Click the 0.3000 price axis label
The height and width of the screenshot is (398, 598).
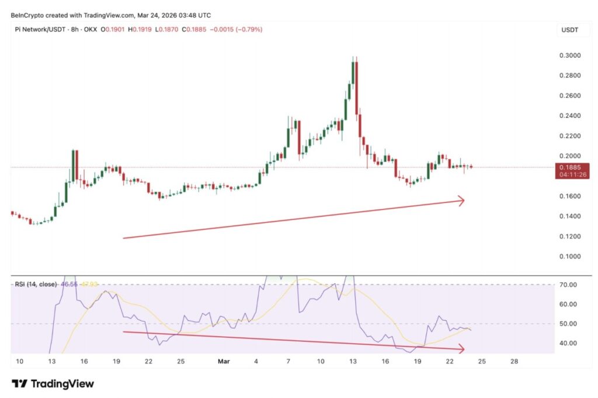click(x=570, y=55)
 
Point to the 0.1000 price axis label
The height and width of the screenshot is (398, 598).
click(x=570, y=257)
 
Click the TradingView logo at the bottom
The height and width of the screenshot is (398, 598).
click(x=53, y=384)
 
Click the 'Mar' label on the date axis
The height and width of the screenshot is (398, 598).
click(x=224, y=362)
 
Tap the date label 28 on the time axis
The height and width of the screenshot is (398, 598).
click(x=514, y=362)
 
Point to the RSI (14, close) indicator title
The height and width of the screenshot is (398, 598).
click(x=36, y=284)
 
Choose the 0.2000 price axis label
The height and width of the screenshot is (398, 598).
click(x=570, y=156)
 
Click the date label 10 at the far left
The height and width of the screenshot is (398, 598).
click(x=19, y=362)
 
